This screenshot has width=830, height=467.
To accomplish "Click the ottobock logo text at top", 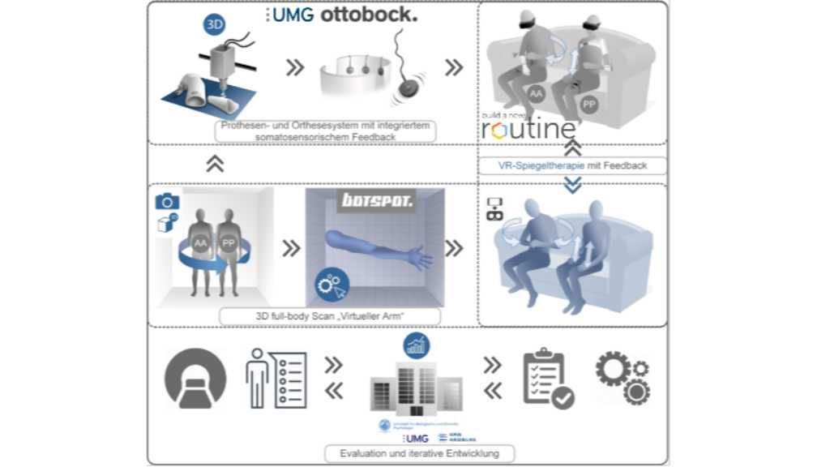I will [369, 15].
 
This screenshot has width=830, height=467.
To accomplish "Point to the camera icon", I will [168, 201].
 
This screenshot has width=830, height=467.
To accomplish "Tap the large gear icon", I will [613, 369].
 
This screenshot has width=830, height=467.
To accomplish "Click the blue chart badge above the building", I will [417, 346].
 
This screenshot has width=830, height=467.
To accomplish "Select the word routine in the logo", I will [528, 129].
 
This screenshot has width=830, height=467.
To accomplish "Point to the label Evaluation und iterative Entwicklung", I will [418, 453].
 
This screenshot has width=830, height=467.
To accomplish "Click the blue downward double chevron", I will [572, 185].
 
